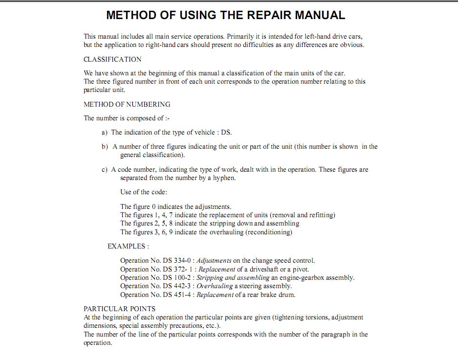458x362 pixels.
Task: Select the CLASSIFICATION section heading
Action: pyautogui.click(x=112, y=60)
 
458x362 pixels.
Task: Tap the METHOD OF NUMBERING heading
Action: pyautogui.click(x=127, y=104)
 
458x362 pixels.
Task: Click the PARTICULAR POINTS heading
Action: pyautogui.click(x=120, y=309)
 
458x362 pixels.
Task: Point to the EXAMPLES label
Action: pyautogui.click(x=128, y=246)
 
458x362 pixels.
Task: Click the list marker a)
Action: pyautogui.click(x=104, y=133)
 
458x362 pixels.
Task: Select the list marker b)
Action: pyautogui.click(x=105, y=147)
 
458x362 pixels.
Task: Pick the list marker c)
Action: pyautogui.click(x=104, y=170)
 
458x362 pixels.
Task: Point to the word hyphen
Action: pyautogui.click(x=224, y=178)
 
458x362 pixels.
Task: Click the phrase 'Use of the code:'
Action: pyautogui.click(x=144, y=192)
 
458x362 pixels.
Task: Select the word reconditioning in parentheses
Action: pyautogui.click(x=269, y=232)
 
